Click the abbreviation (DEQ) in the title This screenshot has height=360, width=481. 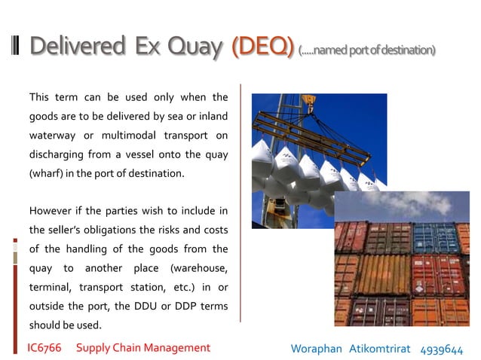point(262,47)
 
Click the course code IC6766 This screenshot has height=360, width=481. point(44,348)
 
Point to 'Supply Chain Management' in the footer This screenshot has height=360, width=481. point(143,348)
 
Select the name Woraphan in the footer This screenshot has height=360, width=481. point(316,349)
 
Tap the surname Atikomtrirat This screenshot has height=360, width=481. point(381,349)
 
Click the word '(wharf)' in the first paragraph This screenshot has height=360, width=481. point(46,174)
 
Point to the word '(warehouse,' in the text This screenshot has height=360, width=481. point(199,268)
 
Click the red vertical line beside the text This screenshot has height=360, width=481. point(240,203)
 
